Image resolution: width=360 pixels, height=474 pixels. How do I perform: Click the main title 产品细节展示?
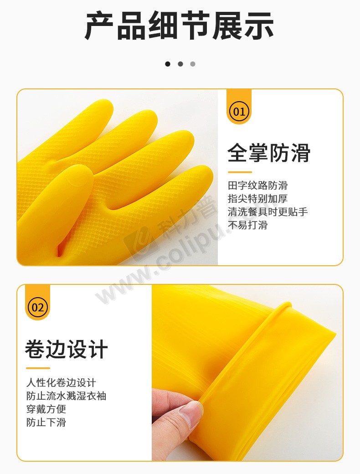180,26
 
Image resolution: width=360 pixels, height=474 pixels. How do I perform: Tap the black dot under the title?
168,64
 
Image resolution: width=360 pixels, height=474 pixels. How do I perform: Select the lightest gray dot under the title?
193,64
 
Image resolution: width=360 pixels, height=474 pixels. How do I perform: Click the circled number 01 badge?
239,112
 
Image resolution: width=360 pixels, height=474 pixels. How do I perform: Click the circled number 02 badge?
37,308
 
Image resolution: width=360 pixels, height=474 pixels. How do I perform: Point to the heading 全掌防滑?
269,153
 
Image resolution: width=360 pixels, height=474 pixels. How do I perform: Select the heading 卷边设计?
67,349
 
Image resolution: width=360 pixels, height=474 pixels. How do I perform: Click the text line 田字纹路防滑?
257,185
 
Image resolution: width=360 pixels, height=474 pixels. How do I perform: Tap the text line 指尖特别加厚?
257,199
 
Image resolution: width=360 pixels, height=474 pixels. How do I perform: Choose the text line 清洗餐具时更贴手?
267,211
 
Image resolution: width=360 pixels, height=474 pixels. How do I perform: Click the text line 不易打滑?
247,225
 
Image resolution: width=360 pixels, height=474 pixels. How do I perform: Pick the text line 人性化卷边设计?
61,382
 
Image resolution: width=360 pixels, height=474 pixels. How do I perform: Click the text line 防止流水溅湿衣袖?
66,396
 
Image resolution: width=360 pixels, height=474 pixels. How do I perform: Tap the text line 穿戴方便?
46,409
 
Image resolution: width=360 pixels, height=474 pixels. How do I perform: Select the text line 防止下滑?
46,422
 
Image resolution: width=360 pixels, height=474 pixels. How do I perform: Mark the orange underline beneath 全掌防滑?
240,172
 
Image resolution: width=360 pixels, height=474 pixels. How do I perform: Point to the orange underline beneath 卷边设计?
38,368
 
